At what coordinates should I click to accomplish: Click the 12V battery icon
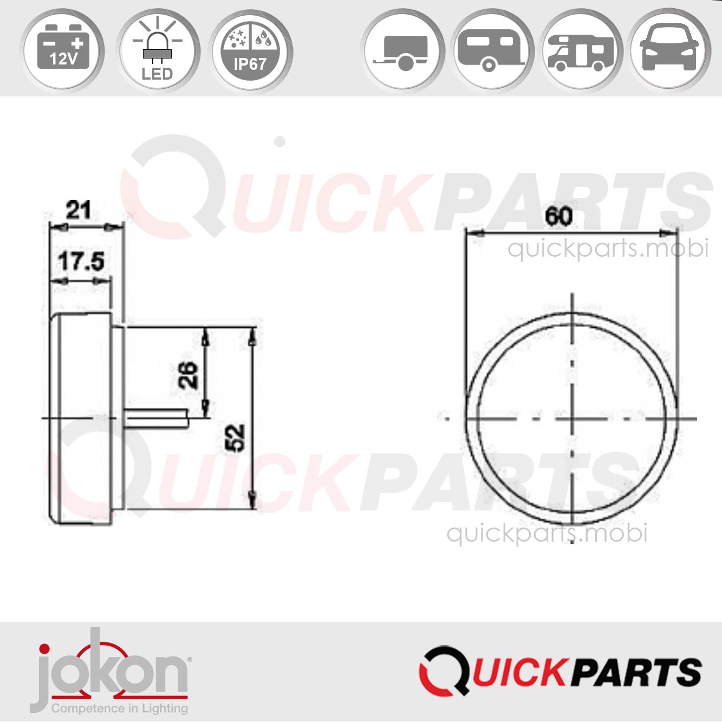[x=63, y=50]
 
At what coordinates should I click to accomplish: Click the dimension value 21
[x=79, y=210]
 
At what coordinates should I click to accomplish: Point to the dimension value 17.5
[x=81, y=262]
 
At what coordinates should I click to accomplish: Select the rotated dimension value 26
[x=188, y=374]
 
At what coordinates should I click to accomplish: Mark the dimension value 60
[x=558, y=217]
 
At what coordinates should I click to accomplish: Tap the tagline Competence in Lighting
[x=119, y=708]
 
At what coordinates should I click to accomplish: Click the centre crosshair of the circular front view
[x=573, y=419]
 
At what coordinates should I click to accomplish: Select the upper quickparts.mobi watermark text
[x=608, y=249]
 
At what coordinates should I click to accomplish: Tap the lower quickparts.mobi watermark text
[x=547, y=534]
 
